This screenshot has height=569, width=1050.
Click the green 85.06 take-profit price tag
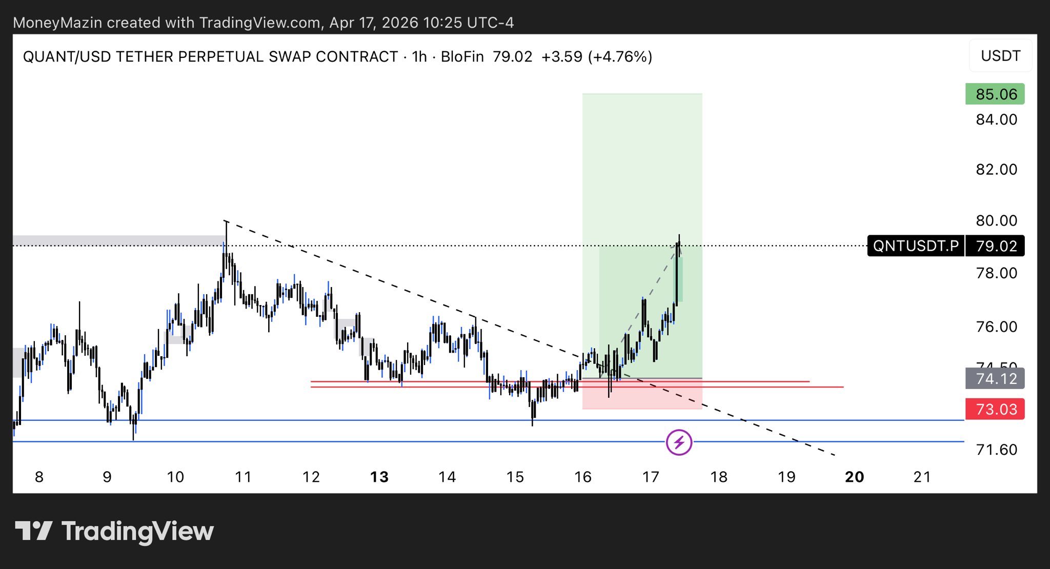pos(995,94)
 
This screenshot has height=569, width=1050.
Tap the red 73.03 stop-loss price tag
pos(995,409)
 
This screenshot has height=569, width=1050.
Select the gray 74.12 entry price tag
pos(995,379)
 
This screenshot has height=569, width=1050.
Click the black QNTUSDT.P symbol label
pos(916,246)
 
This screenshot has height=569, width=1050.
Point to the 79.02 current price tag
pos(996,246)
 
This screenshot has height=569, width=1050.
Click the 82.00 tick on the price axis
pos(996,170)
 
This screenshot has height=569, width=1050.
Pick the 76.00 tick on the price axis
pos(996,327)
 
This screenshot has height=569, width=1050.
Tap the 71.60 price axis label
pos(996,450)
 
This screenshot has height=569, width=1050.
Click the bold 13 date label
pos(379,477)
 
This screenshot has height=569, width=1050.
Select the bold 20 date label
pos(854,477)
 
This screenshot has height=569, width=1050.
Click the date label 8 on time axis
pos(39,477)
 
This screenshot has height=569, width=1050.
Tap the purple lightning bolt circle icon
pos(679,442)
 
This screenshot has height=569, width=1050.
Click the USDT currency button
pos(1000,56)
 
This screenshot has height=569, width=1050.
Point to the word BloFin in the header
pos(462,56)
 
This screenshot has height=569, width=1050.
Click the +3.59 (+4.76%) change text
pos(597,56)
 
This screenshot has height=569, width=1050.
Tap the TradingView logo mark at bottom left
pos(33,531)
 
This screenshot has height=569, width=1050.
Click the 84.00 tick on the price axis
pos(996,119)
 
